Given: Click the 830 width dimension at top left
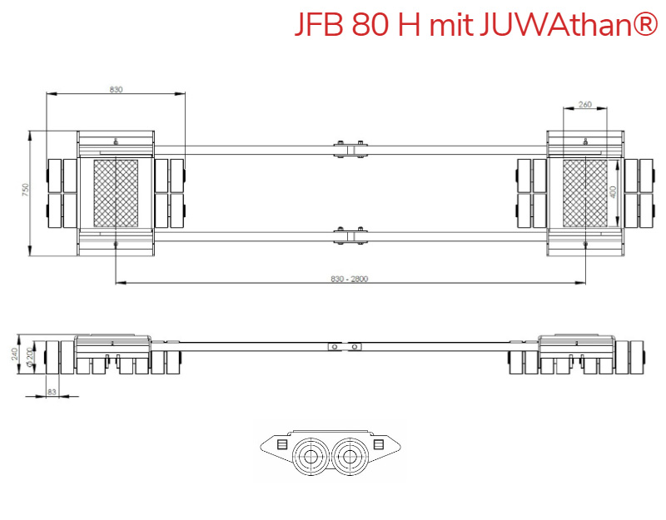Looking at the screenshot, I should click(x=116, y=89).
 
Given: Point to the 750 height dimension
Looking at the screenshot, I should click(x=26, y=191).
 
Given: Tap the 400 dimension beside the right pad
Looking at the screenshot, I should click(x=614, y=191).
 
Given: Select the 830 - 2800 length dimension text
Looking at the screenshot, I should click(x=349, y=279).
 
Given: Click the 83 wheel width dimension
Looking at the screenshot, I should click(x=52, y=390).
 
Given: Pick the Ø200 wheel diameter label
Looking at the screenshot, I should click(x=30, y=357).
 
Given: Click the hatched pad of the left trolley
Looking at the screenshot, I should click(x=115, y=193).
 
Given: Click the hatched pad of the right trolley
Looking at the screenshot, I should click(x=584, y=193).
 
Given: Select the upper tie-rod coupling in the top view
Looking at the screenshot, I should click(x=350, y=149).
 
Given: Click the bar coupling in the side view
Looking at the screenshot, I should click(x=344, y=346).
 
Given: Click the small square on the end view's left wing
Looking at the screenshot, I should click(x=281, y=445).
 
